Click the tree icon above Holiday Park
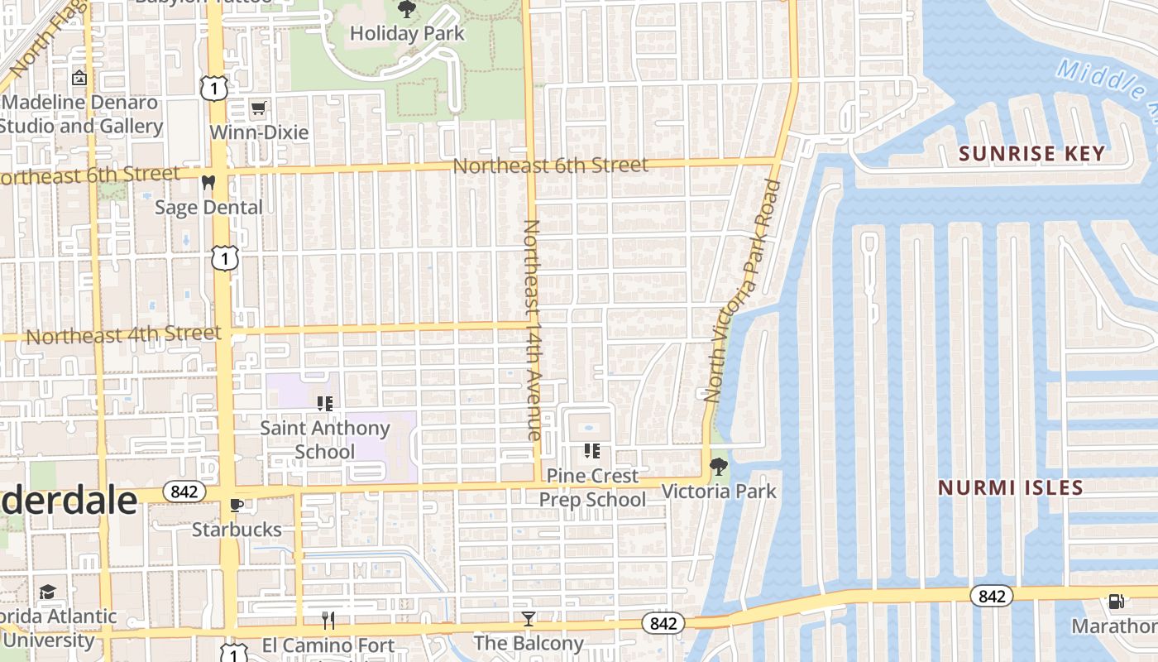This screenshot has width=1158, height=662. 406,10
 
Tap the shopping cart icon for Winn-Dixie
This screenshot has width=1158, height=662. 258,108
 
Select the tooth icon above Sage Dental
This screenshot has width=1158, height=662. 208,182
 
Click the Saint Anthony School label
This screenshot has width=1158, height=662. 325,439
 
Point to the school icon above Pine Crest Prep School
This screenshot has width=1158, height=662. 591,451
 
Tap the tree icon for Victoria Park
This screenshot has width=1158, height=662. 719,467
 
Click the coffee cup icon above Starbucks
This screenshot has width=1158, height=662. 237,505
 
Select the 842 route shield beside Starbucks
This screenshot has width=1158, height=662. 184,492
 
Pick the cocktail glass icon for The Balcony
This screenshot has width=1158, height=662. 528,618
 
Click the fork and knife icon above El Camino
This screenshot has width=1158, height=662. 328,621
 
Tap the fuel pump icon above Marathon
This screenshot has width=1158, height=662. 1116,602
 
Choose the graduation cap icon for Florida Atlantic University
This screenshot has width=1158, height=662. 47,592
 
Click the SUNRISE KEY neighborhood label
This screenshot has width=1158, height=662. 1031,153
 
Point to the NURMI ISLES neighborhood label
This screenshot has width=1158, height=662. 1010,487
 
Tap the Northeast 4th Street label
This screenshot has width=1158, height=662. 124,335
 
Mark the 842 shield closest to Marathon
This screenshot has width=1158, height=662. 991,596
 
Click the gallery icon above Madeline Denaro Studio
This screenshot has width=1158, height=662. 79,79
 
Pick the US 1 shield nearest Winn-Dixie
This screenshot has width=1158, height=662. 214,88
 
